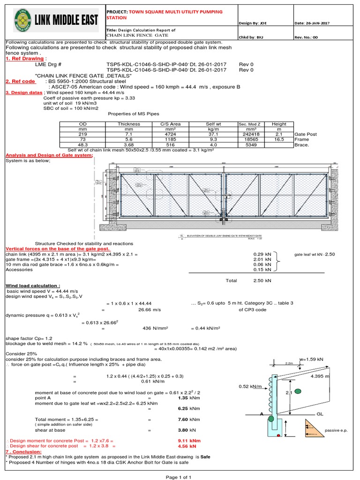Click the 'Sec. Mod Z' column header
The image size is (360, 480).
[x=249, y=124]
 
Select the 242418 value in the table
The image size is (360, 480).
[x=249, y=134]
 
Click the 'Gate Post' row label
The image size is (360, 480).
[x=306, y=134]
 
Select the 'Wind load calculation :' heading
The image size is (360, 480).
[x=32, y=285]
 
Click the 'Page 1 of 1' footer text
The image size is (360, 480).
[x=179, y=476]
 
